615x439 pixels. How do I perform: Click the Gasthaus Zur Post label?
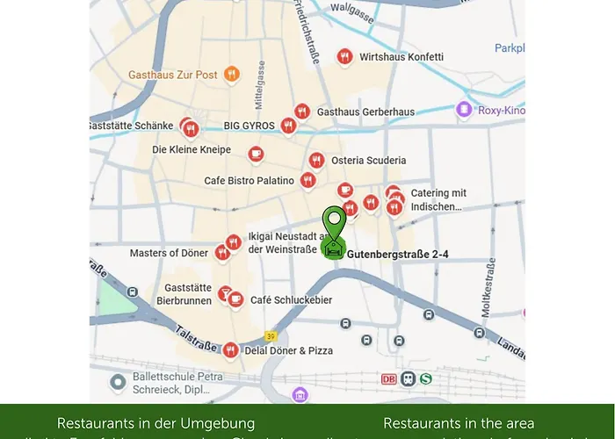coord(172,75)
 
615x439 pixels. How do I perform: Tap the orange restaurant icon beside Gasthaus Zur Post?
coord(232,75)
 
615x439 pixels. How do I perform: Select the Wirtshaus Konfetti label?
coord(402,57)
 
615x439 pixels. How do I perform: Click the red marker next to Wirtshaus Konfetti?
coord(345,57)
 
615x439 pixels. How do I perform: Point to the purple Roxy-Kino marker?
coord(464,110)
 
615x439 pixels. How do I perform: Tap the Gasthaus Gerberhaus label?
coord(365,112)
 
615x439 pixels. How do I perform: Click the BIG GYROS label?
coord(250,126)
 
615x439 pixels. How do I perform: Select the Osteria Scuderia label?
coord(368,161)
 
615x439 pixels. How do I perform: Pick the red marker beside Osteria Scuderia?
coord(316,161)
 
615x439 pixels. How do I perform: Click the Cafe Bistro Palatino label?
coord(249,181)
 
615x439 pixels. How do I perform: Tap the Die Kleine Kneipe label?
coord(192,150)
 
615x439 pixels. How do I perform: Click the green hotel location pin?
coord(334,225)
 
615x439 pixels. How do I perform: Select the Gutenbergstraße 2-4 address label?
coord(398,255)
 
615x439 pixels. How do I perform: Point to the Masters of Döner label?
coord(169,254)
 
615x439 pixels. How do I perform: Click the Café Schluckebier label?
coord(291,300)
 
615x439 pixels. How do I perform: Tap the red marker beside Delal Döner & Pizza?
coord(230,350)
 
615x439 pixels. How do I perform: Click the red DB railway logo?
coord(389,378)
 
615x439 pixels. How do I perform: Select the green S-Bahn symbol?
coord(426,378)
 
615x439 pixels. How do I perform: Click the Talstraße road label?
coord(197,338)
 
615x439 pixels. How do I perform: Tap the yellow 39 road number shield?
coord(272,336)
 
